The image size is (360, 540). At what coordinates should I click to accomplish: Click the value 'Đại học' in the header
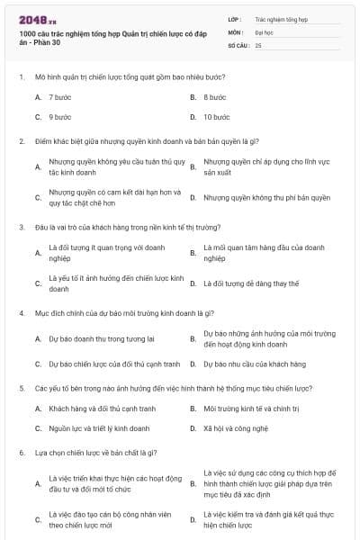coord(264,31)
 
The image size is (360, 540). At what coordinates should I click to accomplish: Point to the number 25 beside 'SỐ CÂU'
coord(258,44)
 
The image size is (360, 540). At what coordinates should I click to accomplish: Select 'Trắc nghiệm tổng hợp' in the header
coord(281,18)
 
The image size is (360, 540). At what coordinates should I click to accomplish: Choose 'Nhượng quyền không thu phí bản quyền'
coord(266,197)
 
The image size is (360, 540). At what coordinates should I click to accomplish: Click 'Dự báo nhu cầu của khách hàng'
coord(255,364)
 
